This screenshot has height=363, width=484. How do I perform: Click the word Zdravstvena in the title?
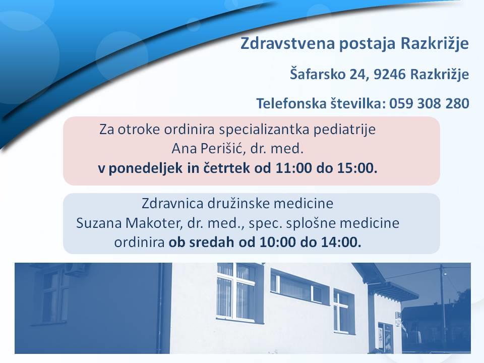[287, 43]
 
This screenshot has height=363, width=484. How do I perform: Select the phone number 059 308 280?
[429, 103]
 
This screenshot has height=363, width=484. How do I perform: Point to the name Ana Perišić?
[209, 148]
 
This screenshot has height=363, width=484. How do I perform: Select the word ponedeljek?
[146, 168]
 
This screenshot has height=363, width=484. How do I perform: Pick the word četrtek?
[226, 168]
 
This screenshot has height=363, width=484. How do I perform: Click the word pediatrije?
[344, 130]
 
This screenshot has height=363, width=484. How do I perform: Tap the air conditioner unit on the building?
[75, 268]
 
